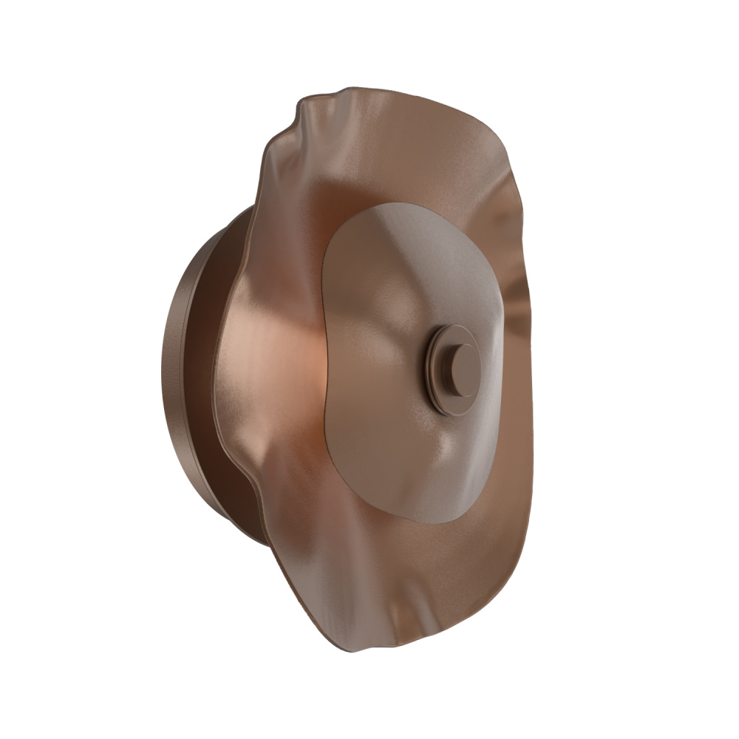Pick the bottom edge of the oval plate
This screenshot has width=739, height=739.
(429, 524)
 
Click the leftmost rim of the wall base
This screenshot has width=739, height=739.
(162, 369)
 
